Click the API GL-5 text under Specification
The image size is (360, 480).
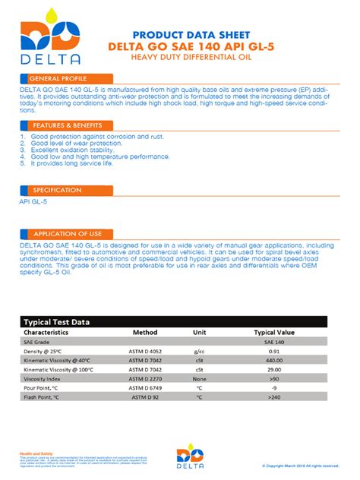click(33, 203)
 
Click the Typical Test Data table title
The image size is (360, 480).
click(57, 322)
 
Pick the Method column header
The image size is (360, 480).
click(144, 332)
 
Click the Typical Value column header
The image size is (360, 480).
click(274, 332)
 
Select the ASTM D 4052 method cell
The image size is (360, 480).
click(144, 351)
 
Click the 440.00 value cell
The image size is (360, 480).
click(274, 360)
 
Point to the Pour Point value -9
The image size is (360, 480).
click(274, 387)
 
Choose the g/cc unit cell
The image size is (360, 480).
click(200, 351)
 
